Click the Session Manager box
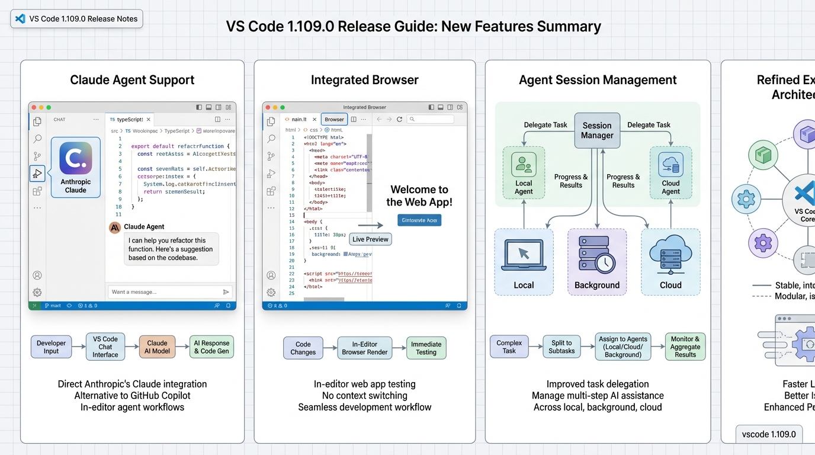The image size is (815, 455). click(597, 130)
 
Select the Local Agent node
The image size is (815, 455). click(524, 172)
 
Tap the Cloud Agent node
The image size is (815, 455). click(670, 172)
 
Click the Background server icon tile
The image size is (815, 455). click(597, 262)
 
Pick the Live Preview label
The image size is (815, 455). click(370, 239)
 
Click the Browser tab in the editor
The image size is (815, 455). click(334, 119)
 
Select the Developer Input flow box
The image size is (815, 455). click(52, 347)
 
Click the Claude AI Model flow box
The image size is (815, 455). click(157, 347)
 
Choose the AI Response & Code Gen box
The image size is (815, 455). click(211, 347)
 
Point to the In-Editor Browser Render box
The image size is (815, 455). click(365, 348)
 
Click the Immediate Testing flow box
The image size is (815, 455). click(426, 348)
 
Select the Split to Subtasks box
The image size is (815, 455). click(561, 347)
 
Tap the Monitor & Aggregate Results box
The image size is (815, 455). click(685, 347)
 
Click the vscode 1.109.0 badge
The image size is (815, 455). click(769, 434)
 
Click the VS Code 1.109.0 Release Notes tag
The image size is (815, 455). click(76, 19)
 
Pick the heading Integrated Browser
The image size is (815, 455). click(364, 80)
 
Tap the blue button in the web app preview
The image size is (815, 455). click(419, 220)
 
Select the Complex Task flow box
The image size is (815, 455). click(509, 347)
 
